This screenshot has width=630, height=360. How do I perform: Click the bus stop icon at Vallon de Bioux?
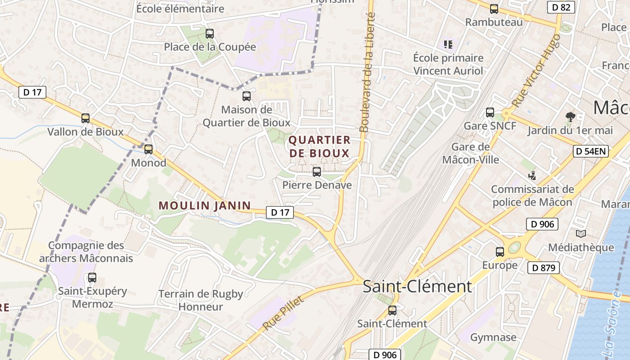coord(85,118)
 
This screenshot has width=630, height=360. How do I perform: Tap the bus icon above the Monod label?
coord(148,149)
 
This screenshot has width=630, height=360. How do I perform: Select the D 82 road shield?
coord(561,7)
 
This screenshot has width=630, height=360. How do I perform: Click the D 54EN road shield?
coord(591,151)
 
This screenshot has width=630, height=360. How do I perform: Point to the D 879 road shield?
coord(544,268)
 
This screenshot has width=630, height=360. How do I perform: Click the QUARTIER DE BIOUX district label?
coord(319,147)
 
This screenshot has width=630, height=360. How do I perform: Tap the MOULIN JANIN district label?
coord(205,206)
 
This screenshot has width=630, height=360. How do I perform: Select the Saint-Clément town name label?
coord(417,287)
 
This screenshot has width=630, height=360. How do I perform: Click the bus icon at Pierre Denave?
coord(317,171)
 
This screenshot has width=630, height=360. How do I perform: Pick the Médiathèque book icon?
coord(581,234)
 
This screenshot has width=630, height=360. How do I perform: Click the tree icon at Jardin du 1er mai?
coord(571,117)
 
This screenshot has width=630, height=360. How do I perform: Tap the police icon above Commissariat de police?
coord(532,175)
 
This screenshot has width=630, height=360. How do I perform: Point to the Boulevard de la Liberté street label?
coord(368,72)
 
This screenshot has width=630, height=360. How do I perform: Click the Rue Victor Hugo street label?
coord(536,71)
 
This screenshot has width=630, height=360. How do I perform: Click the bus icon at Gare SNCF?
coord(490,112)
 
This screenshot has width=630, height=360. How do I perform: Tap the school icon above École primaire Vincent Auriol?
coord(448,44)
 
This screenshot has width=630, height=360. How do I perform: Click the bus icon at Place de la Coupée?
coord(210,33)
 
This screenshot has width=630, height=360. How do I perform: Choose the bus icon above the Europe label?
coord(500,252)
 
